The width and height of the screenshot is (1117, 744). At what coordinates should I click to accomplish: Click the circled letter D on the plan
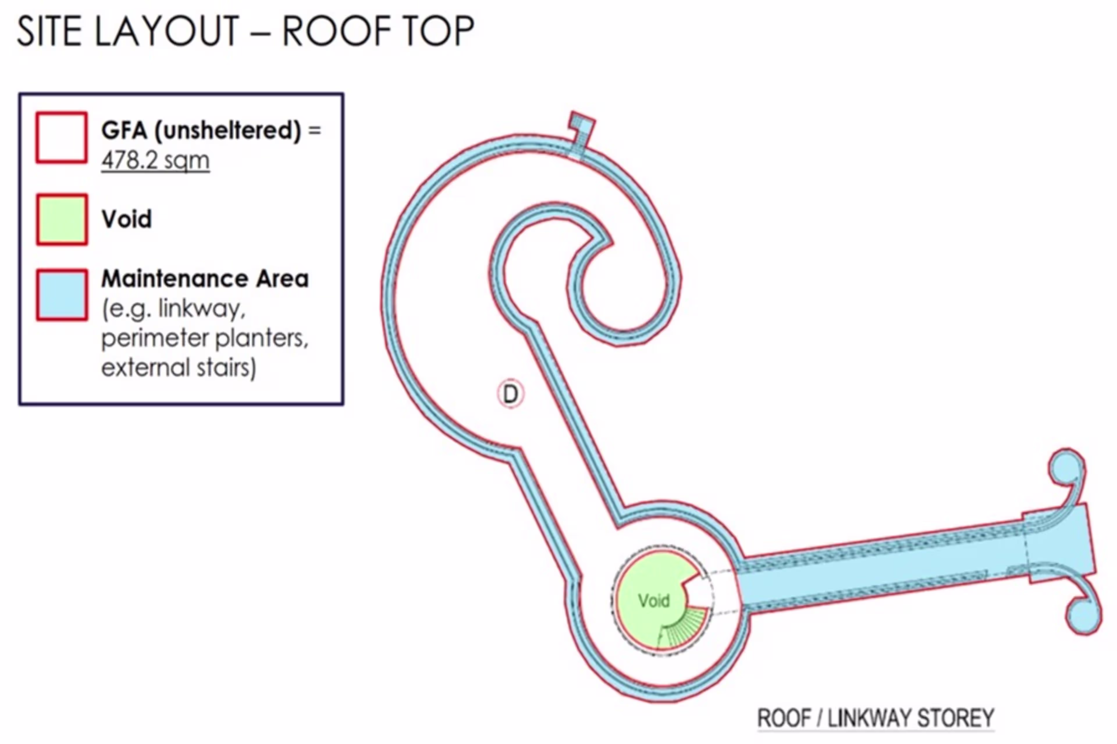(x=511, y=393)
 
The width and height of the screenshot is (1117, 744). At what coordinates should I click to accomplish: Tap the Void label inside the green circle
(x=654, y=601)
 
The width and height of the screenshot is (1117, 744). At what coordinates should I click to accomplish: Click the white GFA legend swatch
(x=62, y=137)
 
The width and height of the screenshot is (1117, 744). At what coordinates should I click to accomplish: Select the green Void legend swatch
(x=62, y=219)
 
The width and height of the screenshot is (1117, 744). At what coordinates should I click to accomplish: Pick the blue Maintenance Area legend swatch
(x=62, y=295)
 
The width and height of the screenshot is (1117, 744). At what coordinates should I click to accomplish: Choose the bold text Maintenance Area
(x=205, y=278)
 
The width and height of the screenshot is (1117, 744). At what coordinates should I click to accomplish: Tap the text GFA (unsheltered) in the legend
(x=201, y=130)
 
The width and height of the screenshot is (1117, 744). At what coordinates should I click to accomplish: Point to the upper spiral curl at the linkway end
(x=1068, y=475)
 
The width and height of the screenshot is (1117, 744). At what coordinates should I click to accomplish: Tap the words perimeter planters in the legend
(x=205, y=338)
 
